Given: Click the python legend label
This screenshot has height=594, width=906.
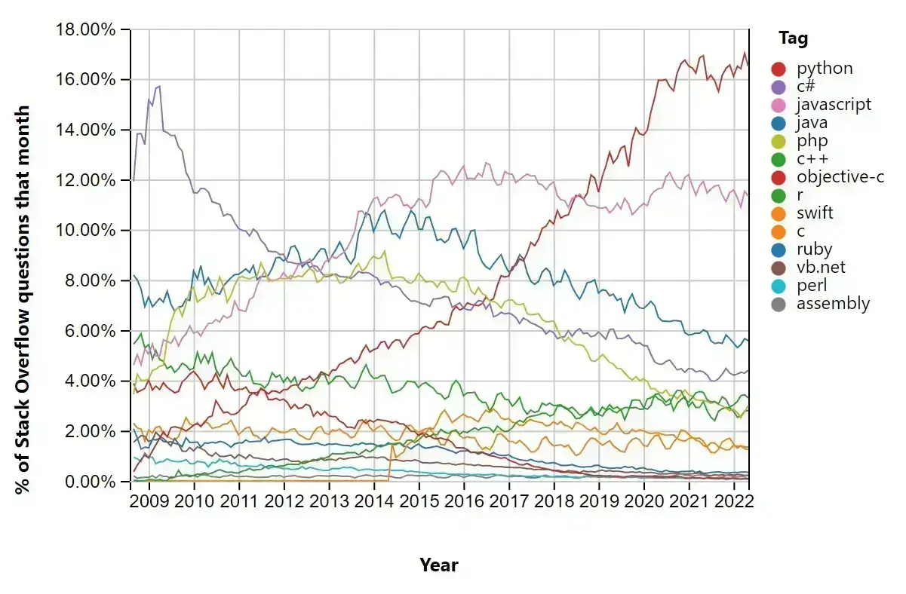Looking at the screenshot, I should coord(825,69).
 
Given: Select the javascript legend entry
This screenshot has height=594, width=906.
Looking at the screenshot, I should coord(834,105).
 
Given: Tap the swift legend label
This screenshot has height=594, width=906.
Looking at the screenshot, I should coord(815,213).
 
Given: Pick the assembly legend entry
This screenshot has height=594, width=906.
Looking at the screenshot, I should coord(833,304).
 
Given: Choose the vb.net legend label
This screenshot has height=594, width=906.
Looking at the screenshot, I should coord(821,268).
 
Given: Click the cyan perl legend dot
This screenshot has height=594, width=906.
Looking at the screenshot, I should coord(779,286).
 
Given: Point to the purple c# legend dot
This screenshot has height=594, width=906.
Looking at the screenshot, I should coord(779,87).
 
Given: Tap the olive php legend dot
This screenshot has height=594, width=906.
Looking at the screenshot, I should coord(779,141).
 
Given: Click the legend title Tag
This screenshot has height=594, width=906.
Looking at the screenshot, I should coord(794,38).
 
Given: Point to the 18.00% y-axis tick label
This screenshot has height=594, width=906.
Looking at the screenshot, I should coord(84,30).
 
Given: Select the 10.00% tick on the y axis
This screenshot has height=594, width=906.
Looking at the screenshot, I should coord(84,231).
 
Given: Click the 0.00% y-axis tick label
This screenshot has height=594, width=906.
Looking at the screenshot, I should coord(88,482).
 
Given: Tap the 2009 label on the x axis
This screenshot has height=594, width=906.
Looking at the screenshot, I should coord(149,501).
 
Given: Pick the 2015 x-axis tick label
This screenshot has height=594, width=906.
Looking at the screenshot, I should coord(419,501).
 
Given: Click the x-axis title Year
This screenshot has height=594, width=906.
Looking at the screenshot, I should coord(439,565).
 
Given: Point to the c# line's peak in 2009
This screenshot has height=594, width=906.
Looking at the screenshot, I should coord(158,86).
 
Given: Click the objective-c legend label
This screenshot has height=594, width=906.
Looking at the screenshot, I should coord(840,177).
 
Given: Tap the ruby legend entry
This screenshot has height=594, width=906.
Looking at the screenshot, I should coord(813,250).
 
